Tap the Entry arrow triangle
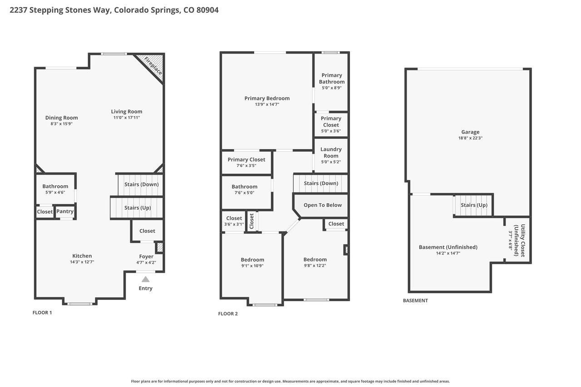[x=146, y=279]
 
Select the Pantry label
[x=65, y=211]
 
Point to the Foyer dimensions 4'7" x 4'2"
[x=146, y=262]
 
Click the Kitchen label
[x=82, y=256]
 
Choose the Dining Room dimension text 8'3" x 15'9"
[x=61, y=124]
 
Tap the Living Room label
[x=127, y=112]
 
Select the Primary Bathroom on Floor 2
[x=331, y=82]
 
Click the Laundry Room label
[x=331, y=152]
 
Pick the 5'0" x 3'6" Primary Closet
[x=331, y=125]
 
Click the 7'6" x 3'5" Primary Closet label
[x=246, y=160]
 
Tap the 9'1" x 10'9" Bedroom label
[x=252, y=260]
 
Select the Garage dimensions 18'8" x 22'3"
[x=470, y=138]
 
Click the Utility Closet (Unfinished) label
[x=520, y=240]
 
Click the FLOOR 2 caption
[x=228, y=314]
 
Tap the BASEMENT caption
[x=415, y=301]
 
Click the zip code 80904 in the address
[x=207, y=10]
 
